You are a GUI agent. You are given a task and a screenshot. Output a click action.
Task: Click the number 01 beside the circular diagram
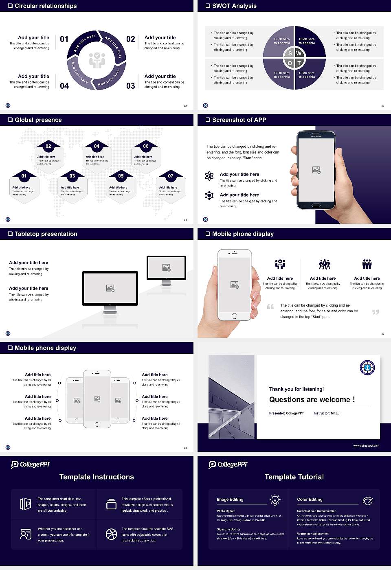[64, 39]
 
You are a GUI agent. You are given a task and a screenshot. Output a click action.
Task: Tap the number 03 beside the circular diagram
[130, 86]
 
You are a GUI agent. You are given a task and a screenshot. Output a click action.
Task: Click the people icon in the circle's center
[97, 60]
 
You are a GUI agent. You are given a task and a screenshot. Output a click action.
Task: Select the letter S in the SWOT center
[290, 53]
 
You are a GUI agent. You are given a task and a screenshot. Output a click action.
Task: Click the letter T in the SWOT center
[299, 63]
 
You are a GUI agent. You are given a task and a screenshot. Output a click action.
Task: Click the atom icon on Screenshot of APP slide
[209, 176]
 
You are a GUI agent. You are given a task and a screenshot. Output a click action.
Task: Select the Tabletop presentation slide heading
[46, 234]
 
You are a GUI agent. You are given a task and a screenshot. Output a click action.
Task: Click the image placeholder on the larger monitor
[110, 288]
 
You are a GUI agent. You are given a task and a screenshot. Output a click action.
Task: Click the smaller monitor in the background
[166, 268]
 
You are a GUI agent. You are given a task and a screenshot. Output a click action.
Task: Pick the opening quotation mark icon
[270, 307]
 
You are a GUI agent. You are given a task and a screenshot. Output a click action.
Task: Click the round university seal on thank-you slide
[367, 367]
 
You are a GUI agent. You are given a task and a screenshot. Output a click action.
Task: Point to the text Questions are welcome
[312, 399]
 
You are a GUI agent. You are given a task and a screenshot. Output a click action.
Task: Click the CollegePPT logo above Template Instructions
[31, 465]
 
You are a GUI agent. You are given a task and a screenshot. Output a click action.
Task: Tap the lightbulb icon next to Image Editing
[275, 500]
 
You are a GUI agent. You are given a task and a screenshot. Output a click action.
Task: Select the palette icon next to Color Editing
[367, 500]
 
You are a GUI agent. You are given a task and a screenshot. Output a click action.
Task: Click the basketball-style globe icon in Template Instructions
[111, 534]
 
